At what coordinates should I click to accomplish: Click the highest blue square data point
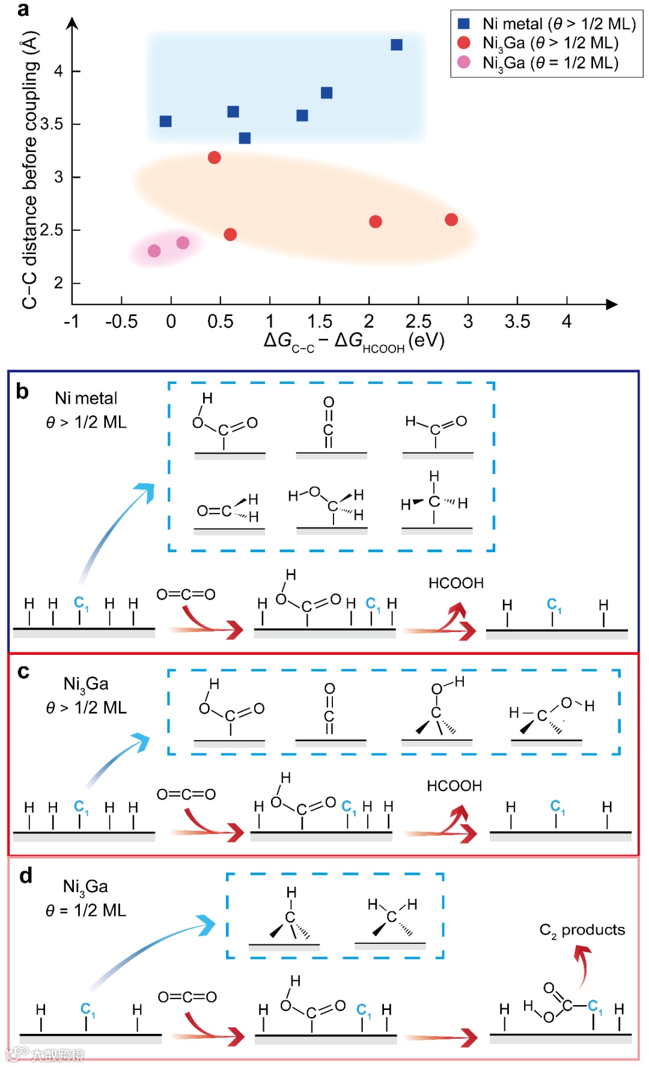[x=397, y=45]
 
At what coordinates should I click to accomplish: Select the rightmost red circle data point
[x=451, y=220]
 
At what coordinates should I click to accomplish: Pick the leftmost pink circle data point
[x=154, y=251]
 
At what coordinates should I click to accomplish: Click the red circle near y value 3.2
[x=214, y=157]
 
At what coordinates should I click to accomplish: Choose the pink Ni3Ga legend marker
[x=464, y=62]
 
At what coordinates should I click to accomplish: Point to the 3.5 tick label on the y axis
[x=52, y=124]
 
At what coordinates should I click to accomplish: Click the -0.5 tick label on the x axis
[x=121, y=322]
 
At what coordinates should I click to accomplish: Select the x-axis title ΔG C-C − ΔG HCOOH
[x=353, y=341]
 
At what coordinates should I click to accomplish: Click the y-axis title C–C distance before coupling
[x=30, y=169]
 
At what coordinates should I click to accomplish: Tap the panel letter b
[x=22, y=392]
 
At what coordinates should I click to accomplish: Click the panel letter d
[x=25, y=876]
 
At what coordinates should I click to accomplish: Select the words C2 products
[x=582, y=931]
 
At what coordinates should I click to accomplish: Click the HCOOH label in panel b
[x=456, y=583]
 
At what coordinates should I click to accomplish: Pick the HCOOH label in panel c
[x=454, y=786]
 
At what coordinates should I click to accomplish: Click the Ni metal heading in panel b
[x=86, y=398]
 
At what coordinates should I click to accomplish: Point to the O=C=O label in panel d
[x=187, y=997]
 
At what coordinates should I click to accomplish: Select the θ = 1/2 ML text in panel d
[x=86, y=911]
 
